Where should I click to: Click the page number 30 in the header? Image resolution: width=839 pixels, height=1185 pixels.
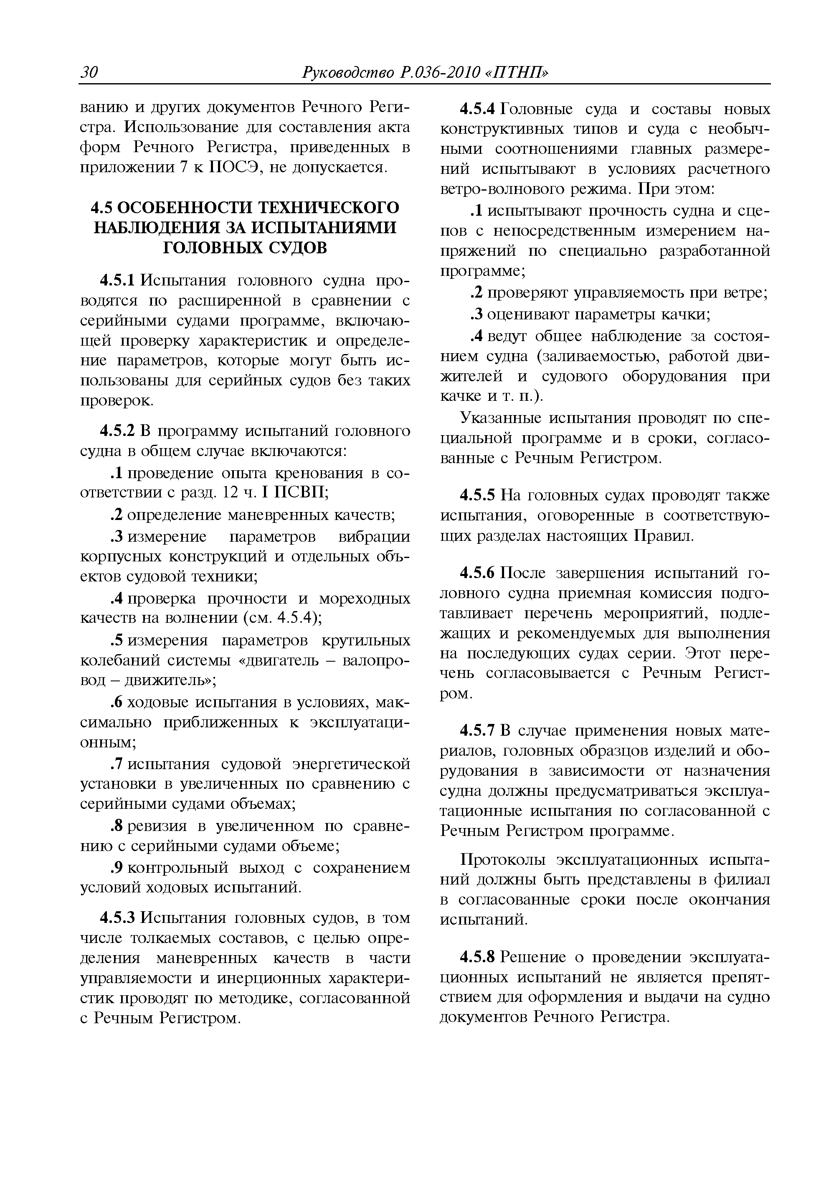[89, 73]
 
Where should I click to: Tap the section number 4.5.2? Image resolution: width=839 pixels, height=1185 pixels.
[117, 431]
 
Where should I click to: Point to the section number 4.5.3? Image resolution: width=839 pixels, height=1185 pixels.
[117, 918]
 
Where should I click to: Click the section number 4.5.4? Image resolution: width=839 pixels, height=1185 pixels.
[477, 109]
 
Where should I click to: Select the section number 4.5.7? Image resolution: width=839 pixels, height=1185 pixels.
[477, 731]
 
